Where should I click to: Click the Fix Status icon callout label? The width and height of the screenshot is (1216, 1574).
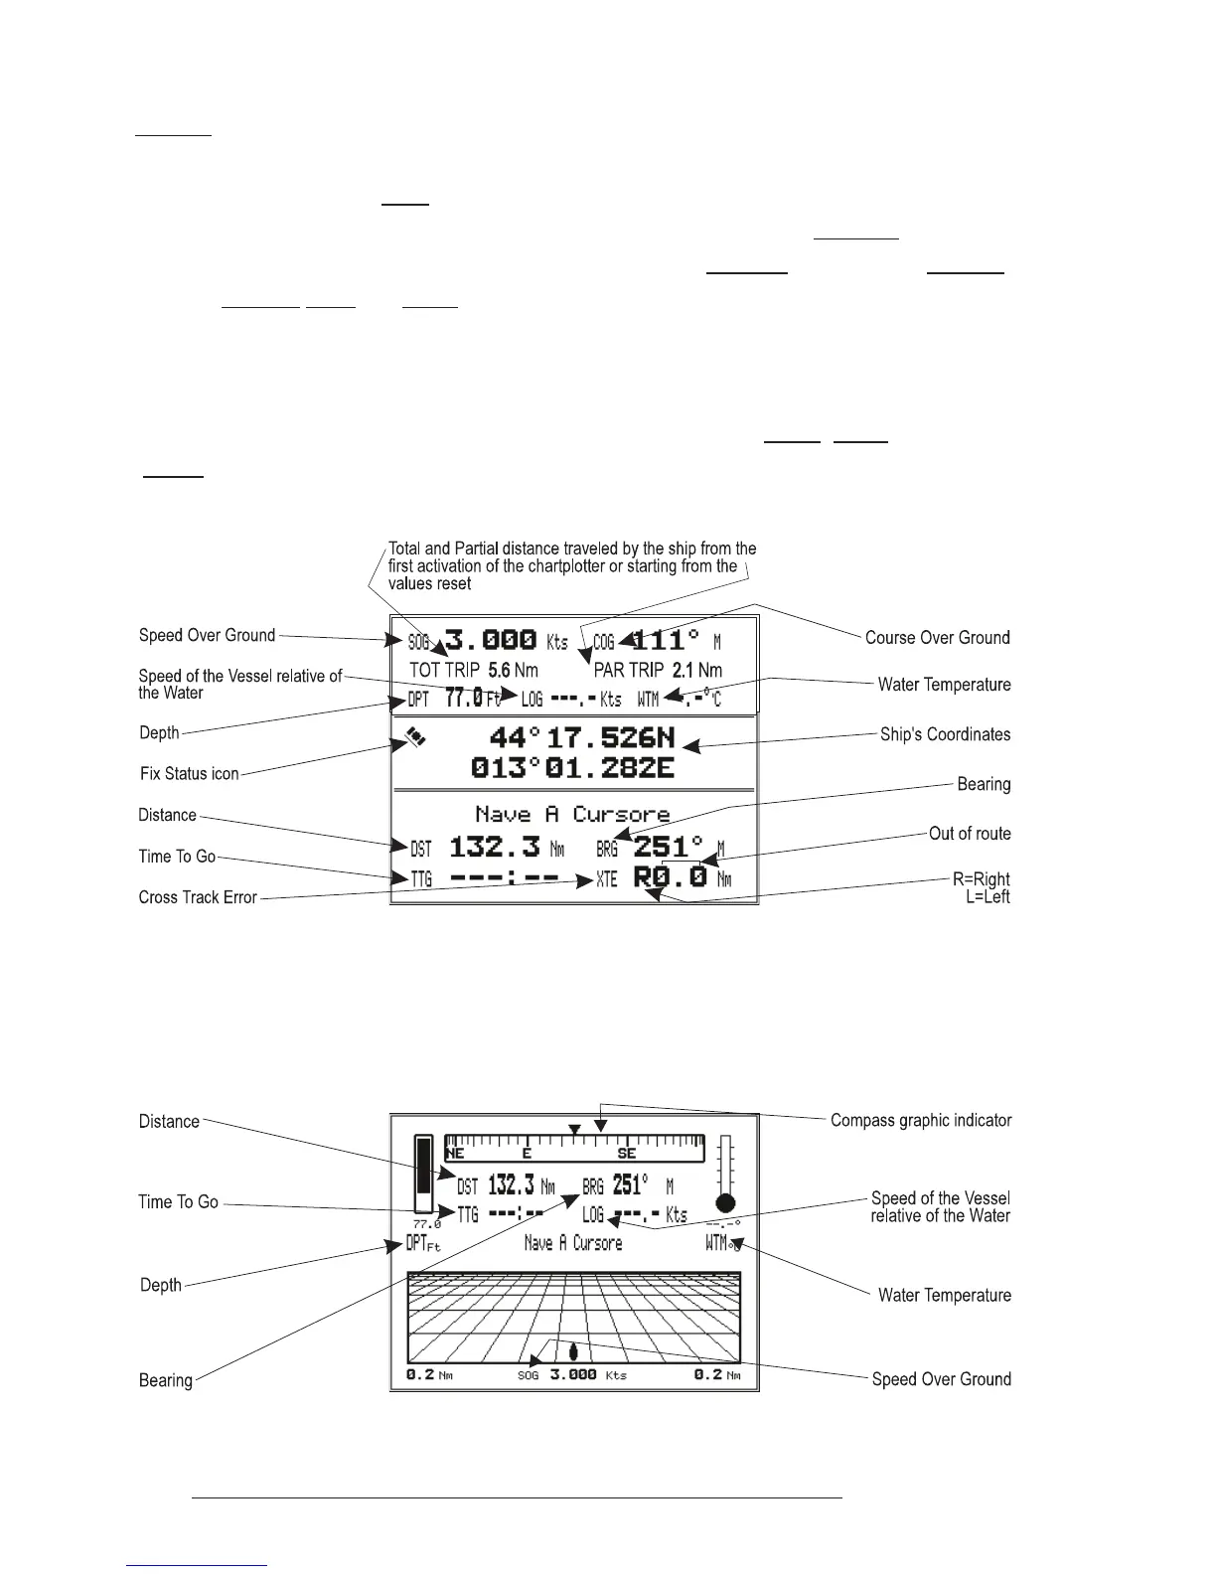pos(189,774)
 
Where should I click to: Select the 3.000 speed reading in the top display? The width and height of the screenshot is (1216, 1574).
pos(491,640)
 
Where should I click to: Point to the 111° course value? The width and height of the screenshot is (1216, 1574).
pos(666,640)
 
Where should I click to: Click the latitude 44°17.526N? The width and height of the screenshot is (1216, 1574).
pos(582,737)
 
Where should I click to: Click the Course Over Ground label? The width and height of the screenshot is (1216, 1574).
pos(937,638)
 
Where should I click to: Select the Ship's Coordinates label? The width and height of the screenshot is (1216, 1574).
pos(945,735)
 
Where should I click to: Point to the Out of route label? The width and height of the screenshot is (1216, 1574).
pos(970,834)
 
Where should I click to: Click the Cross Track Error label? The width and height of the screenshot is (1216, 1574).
pos(198,897)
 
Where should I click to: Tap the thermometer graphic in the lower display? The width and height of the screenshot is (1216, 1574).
pos(726,1173)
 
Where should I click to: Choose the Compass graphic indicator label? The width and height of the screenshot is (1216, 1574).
pos(921,1121)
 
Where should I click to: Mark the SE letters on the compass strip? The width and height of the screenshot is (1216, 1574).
pos(627,1154)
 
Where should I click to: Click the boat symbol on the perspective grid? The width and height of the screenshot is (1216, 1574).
pos(573,1352)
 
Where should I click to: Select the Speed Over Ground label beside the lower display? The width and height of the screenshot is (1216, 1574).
pos(941,1379)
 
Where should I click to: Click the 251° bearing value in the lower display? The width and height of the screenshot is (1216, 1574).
pos(631,1185)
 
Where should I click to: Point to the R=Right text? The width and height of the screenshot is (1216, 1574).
pos(982,879)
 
